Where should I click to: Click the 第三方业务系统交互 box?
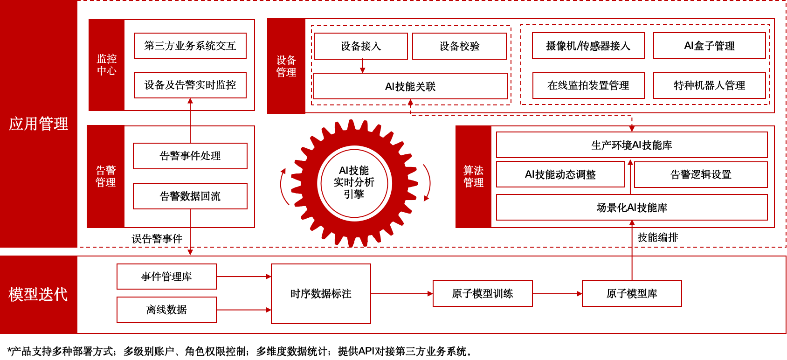point(190,46)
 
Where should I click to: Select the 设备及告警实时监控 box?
point(190,85)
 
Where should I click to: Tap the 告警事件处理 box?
point(190,156)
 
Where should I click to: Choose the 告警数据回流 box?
point(190,196)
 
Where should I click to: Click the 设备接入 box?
point(360,46)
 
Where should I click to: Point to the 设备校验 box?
point(459,46)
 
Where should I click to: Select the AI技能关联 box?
point(410,86)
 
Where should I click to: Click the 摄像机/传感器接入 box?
point(588,46)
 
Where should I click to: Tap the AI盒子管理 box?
point(709,46)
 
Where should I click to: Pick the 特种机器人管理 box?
point(709,85)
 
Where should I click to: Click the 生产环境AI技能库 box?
point(632,145)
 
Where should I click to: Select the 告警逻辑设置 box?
point(701,174)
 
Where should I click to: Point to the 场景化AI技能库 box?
point(632,208)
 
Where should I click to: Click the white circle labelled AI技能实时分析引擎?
point(354,182)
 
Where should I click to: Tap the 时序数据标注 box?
point(321,294)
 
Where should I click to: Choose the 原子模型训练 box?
point(483,294)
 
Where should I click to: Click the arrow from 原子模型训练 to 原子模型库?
point(557,294)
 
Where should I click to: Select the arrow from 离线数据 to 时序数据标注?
point(243,310)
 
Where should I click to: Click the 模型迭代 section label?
point(38,294)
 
